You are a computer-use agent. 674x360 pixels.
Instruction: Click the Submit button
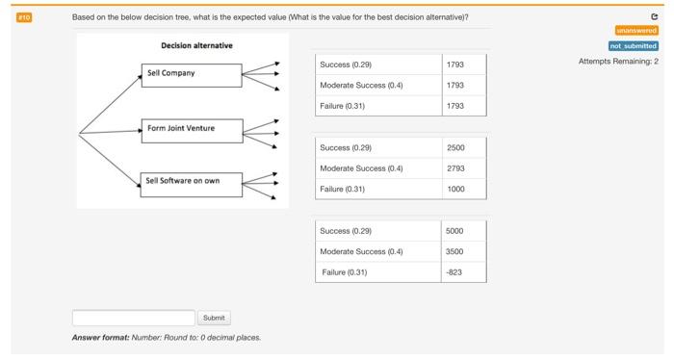(214, 318)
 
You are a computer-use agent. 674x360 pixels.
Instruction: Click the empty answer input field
(133, 318)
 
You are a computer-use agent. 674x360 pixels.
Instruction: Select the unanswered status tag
(637, 30)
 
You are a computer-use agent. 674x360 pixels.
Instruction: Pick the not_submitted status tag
(634, 45)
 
